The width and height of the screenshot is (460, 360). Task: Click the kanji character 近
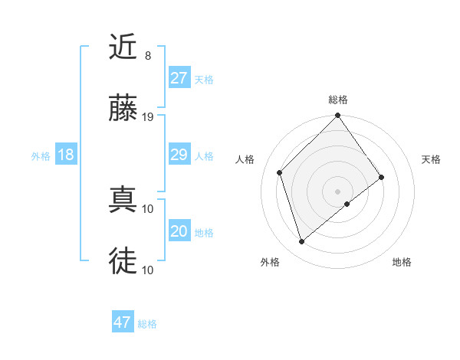pos(123,47)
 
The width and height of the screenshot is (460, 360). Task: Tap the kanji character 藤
pos(123,110)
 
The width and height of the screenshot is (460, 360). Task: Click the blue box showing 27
pos(179,78)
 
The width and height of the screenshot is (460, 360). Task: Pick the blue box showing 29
pos(179,155)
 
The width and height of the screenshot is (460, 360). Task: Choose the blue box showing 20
pos(179,231)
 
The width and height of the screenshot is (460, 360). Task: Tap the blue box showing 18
pos(65,155)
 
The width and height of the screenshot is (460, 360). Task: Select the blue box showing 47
pos(122,322)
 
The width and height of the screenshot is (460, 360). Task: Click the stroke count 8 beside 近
pos(147,56)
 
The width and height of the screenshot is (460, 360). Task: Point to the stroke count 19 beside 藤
pos(148,117)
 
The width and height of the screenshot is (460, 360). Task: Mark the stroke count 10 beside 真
pos(148,208)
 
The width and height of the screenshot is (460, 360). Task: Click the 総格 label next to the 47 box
pos(147,324)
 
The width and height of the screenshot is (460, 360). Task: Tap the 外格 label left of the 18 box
pos(41,156)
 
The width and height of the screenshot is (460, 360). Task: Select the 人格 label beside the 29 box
pos(204,156)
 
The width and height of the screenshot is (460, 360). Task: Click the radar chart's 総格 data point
pos(337,116)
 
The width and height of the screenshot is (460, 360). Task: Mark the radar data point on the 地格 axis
pos(347,204)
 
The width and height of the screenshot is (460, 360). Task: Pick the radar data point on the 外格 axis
pos(301,242)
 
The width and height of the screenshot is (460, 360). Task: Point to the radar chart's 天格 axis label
pos(431,159)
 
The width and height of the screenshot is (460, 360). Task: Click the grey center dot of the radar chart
pos(337,191)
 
